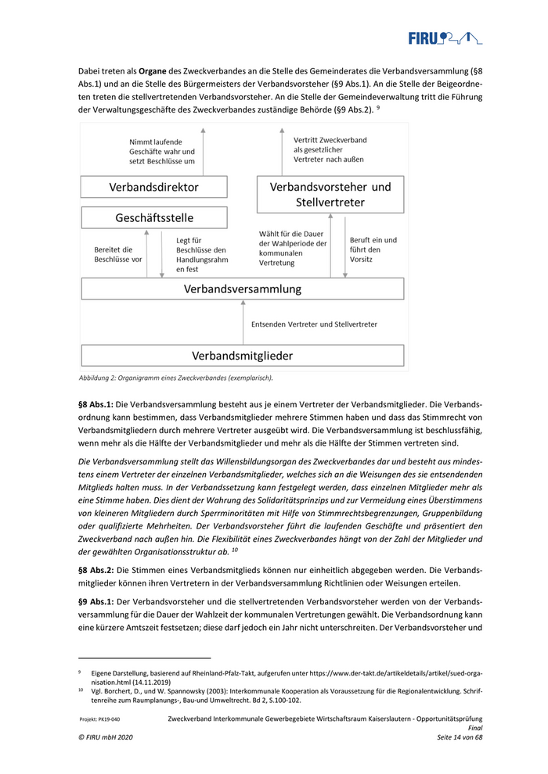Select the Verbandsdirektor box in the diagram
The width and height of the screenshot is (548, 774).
click(x=153, y=188)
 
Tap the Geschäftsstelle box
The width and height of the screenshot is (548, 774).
click(x=153, y=217)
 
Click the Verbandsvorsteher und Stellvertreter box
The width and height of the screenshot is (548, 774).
click(x=330, y=195)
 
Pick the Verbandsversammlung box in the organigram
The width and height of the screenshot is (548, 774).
click(x=243, y=288)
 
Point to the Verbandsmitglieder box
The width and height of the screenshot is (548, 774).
click(x=243, y=356)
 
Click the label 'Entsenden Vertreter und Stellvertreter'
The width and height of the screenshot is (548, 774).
click(x=314, y=324)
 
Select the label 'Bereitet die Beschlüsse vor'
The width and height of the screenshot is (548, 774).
click(x=117, y=253)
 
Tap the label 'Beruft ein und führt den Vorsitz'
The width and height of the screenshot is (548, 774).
click(x=373, y=249)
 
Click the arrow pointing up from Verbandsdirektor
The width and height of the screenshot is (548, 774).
click(x=202, y=152)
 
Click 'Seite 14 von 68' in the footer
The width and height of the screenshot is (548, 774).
click(x=460, y=738)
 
